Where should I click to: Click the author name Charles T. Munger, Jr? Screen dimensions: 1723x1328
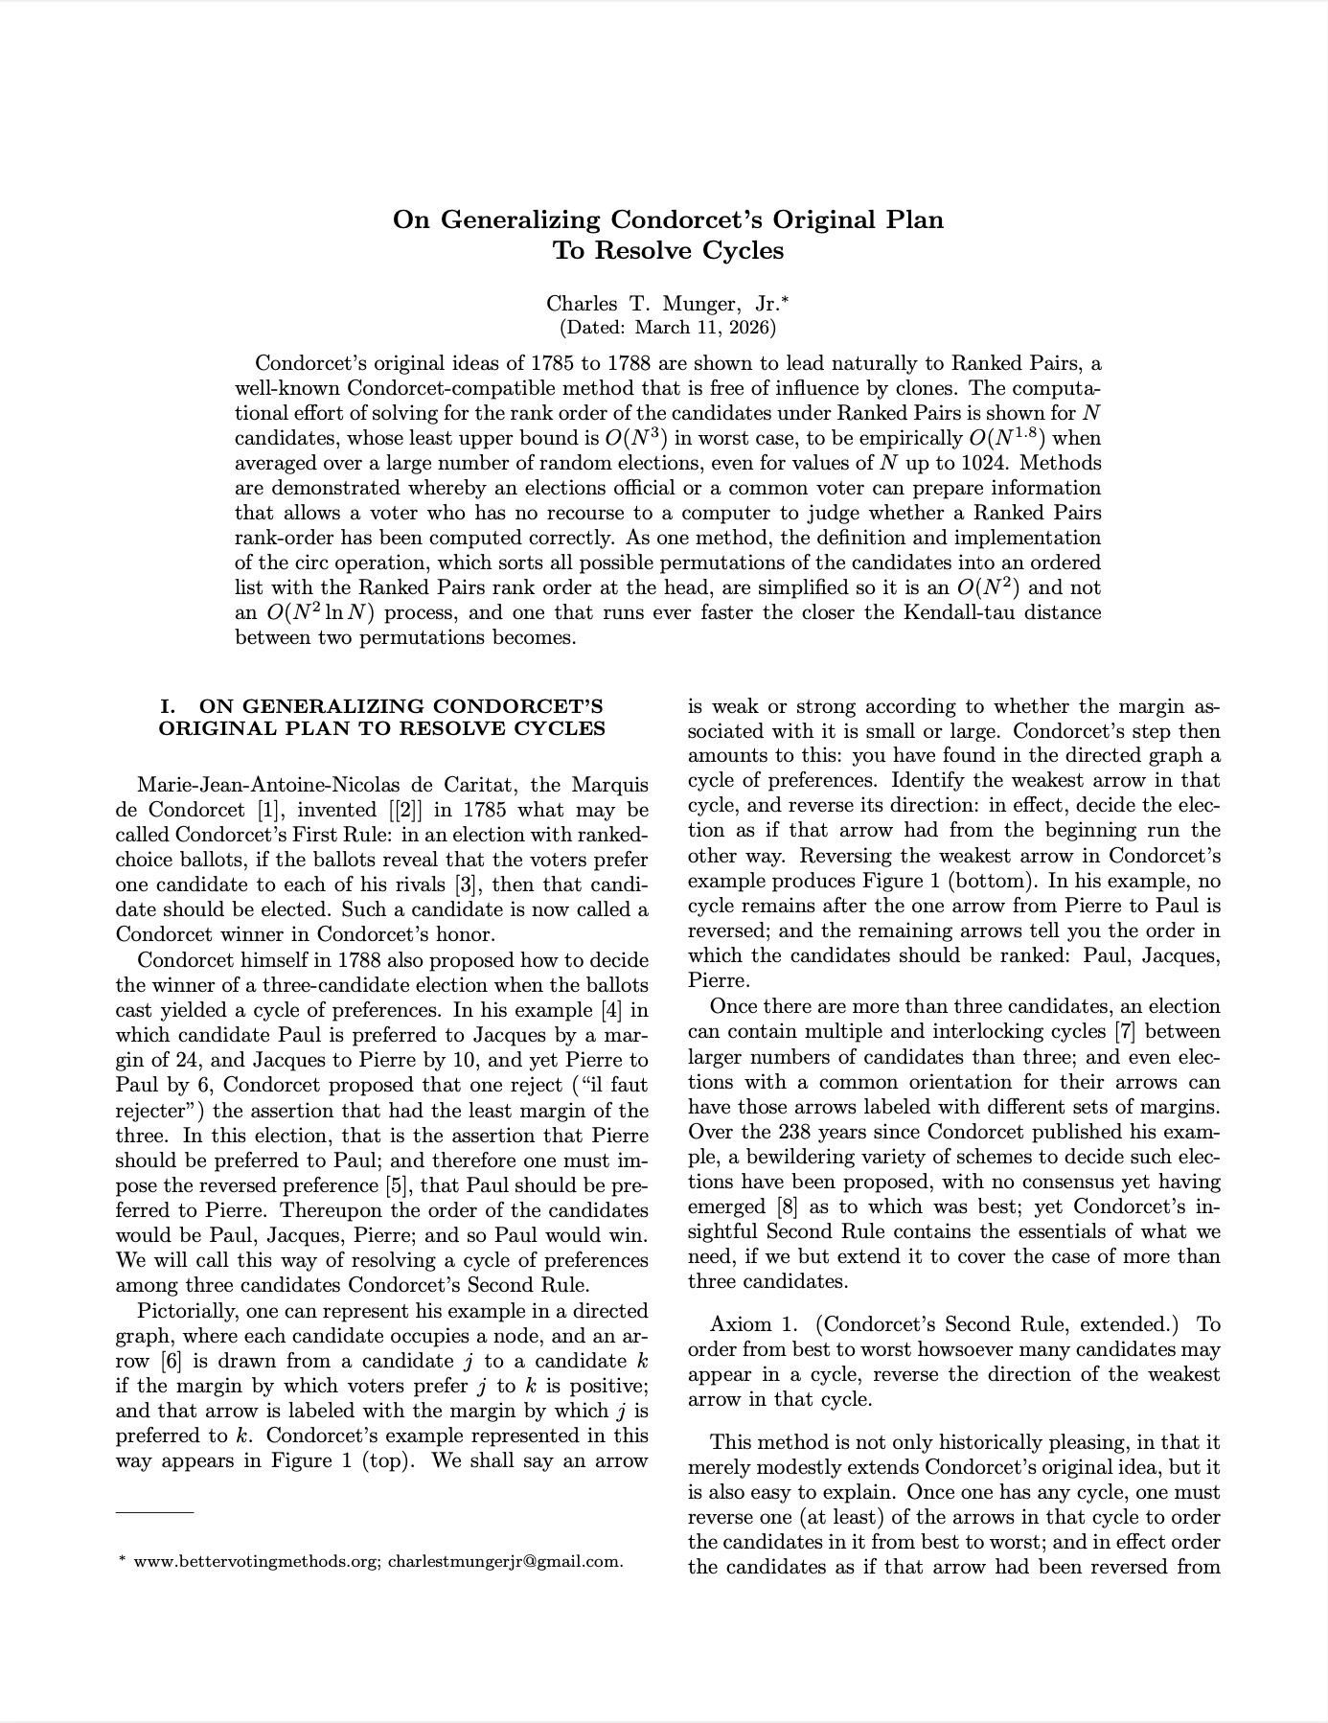pos(663,304)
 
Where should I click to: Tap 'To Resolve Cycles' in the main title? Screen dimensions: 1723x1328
pos(668,251)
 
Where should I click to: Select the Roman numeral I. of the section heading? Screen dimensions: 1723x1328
pos(169,706)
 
